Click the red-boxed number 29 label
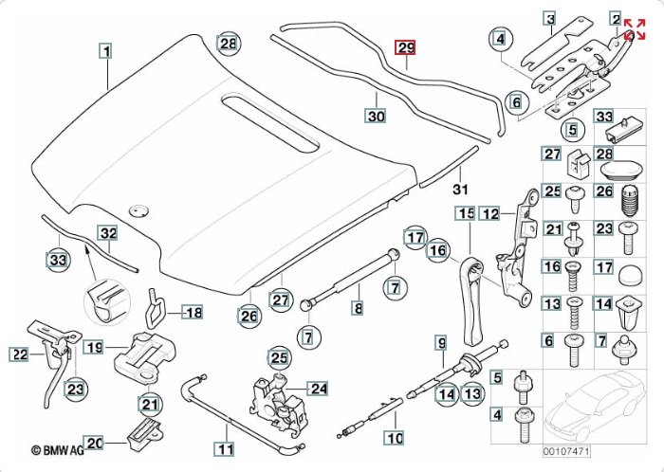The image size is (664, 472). coord(405,47)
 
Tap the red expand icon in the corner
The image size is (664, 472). coord(635,29)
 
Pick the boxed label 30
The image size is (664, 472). coord(377,116)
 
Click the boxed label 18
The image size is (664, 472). coord(193,312)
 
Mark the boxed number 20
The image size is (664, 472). coord(94,442)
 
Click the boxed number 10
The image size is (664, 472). coord(393,439)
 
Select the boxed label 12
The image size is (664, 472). coord(489,213)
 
